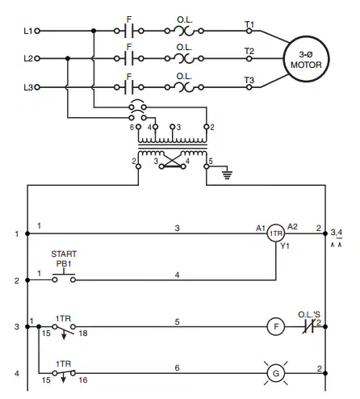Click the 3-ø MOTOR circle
(307, 36)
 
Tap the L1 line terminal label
(28, 31)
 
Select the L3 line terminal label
(28, 87)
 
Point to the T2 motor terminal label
(249, 51)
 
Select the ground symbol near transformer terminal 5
(228, 174)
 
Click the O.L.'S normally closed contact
(308, 327)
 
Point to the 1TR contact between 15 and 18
(64, 330)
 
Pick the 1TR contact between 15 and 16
(64, 374)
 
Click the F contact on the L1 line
(129, 31)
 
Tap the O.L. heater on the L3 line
(184, 87)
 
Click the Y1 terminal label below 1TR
(285, 246)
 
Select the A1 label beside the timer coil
(261, 229)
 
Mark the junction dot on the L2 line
(68, 58)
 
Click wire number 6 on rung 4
(177, 367)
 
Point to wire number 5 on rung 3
(177, 321)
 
